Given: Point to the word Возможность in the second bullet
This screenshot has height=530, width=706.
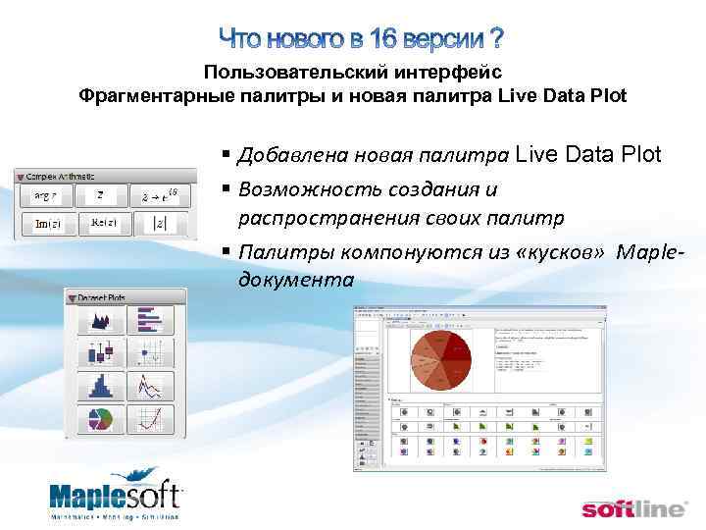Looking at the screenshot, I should click(x=297, y=188).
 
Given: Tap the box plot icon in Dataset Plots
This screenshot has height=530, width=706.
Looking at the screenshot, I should click(x=100, y=352).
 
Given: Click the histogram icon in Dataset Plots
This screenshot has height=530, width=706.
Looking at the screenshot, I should click(x=100, y=386).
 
